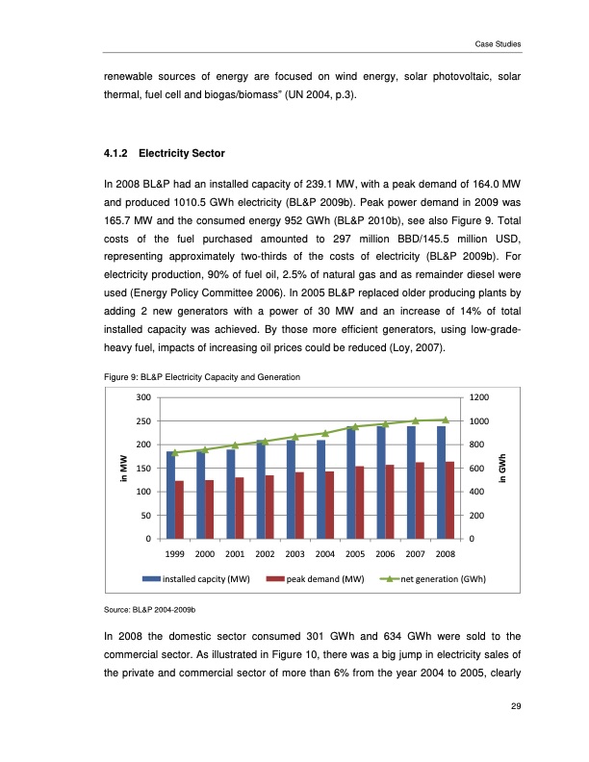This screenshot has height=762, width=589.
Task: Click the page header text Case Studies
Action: [498, 43]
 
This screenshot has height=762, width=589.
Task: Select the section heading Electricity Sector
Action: [183, 152]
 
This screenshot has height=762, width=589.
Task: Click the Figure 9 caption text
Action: [203, 377]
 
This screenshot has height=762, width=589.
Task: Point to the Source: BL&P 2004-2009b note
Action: [149, 610]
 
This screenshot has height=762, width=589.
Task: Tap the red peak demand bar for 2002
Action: [270, 507]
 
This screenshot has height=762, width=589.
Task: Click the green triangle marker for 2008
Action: [446, 419]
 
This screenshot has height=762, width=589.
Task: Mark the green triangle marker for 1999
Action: [175, 452]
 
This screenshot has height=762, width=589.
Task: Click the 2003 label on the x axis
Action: [295, 554]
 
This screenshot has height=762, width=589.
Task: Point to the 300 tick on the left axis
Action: [143, 397]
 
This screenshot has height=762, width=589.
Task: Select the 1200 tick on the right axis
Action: [478, 397]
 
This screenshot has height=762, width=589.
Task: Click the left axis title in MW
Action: [122, 469]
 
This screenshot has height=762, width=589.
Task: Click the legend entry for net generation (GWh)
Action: [439, 579]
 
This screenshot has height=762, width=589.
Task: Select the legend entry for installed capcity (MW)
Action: [206, 579]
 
